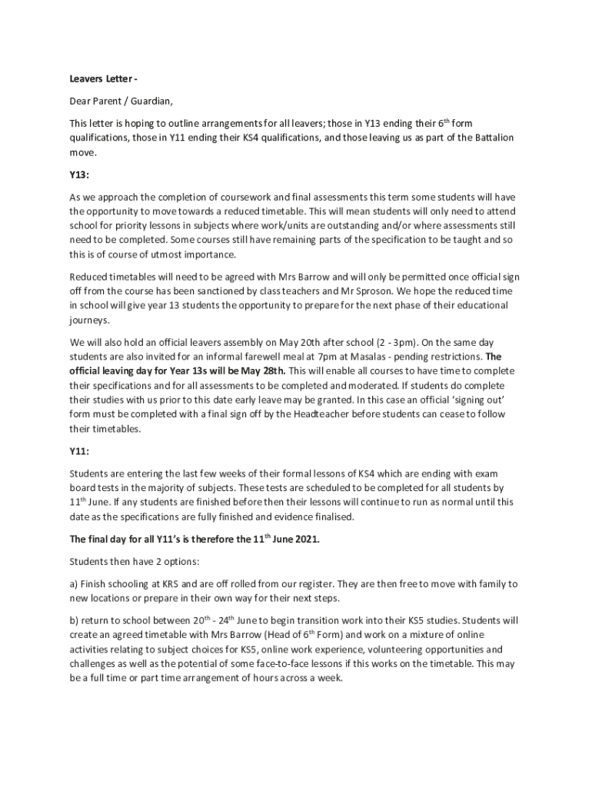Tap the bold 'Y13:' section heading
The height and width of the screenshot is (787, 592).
click(81, 174)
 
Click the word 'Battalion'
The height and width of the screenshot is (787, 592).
click(491, 138)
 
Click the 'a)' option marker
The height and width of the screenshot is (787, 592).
click(75, 584)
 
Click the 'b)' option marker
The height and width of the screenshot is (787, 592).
click(75, 620)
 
